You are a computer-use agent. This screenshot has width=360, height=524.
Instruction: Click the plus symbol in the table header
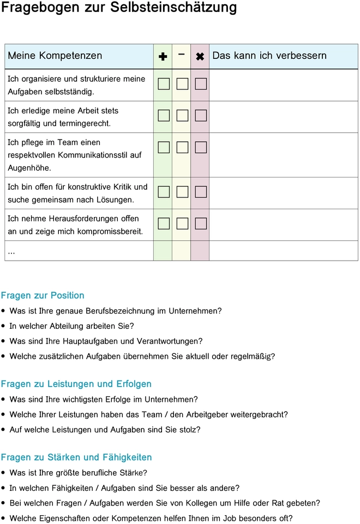(163, 56)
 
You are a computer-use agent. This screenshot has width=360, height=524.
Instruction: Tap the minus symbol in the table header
(181, 54)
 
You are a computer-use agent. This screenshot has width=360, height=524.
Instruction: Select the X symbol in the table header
(200, 56)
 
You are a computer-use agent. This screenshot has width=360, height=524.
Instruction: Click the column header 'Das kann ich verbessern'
(269, 56)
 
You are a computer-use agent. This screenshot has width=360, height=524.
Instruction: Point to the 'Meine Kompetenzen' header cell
(55, 56)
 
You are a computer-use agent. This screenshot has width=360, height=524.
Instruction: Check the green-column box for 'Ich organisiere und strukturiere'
(164, 84)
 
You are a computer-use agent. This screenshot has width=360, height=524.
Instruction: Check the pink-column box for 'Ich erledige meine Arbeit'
(201, 116)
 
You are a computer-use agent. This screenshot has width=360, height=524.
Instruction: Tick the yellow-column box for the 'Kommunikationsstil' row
(182, 147)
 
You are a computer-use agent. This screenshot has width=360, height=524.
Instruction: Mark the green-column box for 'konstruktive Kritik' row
(164, 191)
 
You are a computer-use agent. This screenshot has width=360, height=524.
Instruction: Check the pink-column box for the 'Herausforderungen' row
(201, 223)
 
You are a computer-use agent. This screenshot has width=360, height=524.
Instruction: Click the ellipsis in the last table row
(11, 251)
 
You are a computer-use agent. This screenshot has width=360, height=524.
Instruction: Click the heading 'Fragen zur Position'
(43, 296)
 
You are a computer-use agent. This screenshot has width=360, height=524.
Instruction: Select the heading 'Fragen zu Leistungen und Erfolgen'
(76, 384)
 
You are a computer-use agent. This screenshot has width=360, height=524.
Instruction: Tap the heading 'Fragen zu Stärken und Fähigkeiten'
(76, 457)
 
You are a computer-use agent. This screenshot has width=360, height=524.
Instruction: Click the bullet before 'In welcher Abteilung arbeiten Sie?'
(4, 326)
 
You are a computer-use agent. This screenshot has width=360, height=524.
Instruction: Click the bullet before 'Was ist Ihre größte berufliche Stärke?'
(4, 473)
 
